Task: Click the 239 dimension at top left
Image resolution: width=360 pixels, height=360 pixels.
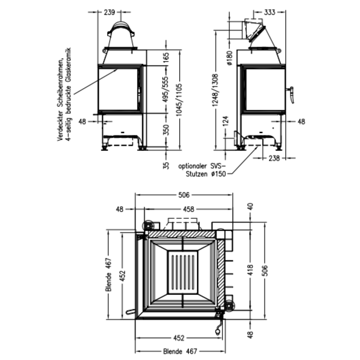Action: [109, 12]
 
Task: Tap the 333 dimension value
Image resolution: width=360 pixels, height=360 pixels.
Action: [270, 12]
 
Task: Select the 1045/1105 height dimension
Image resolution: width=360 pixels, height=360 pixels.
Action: [179, 100]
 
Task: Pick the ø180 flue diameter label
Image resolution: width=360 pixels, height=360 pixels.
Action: [229, 58]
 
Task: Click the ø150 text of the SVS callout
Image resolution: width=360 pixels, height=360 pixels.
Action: [218, 175]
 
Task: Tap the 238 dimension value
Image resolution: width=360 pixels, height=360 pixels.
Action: [274, 158]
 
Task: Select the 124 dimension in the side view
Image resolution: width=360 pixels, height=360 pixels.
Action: [226, 122]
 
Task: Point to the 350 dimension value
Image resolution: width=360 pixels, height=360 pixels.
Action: [166, 130]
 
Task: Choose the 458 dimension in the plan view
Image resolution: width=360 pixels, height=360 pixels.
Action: [188, 209]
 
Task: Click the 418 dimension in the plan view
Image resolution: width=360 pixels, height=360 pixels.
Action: [250, 270]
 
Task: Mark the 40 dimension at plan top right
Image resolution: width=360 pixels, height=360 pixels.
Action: [250, 206]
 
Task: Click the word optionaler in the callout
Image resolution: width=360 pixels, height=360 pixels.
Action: [192, 166]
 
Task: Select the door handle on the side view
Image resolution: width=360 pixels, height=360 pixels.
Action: [291, 94]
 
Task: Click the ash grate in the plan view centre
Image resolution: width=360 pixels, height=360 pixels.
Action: [183, 272]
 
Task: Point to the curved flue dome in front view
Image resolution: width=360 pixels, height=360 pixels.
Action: [121, 29]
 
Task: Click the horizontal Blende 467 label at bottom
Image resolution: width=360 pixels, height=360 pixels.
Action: [180, 351]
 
